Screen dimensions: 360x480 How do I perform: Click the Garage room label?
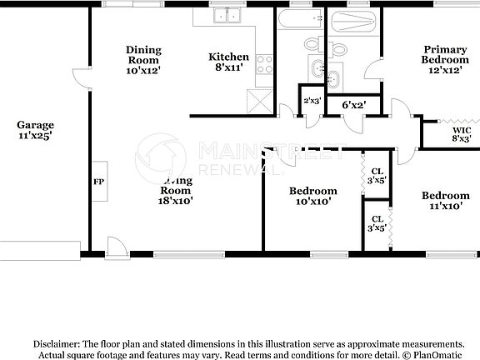(x=34, y=130)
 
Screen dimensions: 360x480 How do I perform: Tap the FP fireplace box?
(x=97, y=180)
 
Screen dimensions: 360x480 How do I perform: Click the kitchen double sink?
(x=223, y=16)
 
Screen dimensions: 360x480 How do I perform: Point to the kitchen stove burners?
(x=264, y=62)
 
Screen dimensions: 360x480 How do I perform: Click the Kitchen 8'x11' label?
(x=227, y=62)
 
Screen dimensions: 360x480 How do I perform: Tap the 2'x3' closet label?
(x=312, y=102)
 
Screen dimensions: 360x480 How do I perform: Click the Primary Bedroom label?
(x=445, y=60)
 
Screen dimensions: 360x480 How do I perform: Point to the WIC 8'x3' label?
(x=461, y=135)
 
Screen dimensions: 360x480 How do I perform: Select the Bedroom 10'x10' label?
(x=312, y=196)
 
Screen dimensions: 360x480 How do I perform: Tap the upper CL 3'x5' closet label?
(x=377, y=175)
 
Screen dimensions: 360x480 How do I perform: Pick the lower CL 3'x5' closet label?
(x=377, y=222)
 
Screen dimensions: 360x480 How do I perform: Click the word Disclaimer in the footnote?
(x=56, y=343)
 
